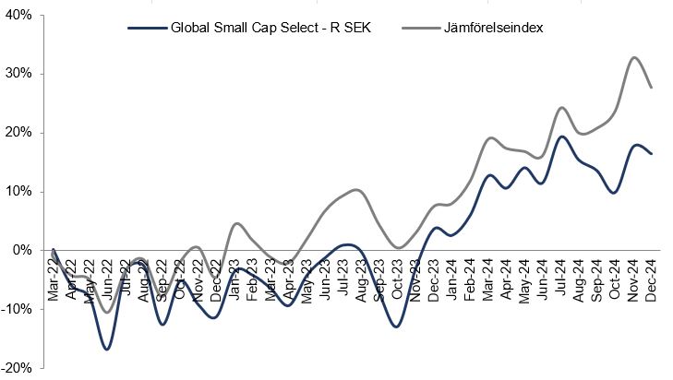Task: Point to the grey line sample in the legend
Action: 420,28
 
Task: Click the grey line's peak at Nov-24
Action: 634,57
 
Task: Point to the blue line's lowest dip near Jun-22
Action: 107,350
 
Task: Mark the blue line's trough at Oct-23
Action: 396,327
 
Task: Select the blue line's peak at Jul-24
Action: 561,137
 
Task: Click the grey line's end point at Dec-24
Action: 652,87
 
